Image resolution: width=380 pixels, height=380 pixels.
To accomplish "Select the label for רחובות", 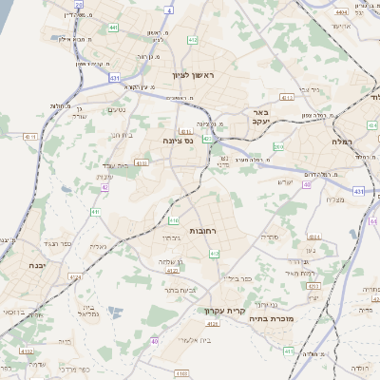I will click(203, 231).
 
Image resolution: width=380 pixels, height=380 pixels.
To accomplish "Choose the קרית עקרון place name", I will click(224, 311).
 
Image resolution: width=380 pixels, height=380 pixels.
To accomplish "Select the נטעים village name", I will click(115, 109).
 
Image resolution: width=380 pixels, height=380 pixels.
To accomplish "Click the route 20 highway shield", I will click(78, 5).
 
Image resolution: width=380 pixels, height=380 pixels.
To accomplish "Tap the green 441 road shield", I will click(113, 28).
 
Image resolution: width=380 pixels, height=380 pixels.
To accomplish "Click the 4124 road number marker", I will click(213, 323).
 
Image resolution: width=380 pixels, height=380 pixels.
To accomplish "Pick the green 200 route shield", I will click(278, 147).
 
